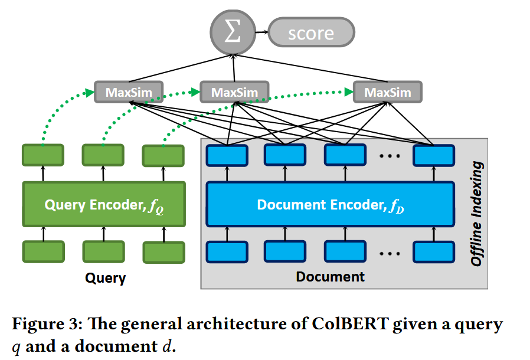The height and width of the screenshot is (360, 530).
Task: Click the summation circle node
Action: [233, 32]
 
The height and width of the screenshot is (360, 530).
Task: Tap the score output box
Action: [311, 32]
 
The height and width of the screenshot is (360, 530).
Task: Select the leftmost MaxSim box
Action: [129, 92]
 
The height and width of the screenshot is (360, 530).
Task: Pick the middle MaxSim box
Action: [234, 92]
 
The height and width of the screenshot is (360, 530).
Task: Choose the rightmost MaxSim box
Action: [388, 92]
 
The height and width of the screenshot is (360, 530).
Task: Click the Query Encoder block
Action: [104, 204]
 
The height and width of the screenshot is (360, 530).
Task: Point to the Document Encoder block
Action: [331, 204]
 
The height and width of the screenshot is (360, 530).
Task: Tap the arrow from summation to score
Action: [262, 32]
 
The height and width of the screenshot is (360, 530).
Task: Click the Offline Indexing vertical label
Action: [477, 214]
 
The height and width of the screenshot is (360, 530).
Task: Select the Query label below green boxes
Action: [106, 278]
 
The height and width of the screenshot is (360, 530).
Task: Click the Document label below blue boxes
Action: [331, 277]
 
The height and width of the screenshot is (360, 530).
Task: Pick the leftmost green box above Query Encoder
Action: [43, 155]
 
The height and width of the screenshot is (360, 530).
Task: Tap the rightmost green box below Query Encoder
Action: [164, 252]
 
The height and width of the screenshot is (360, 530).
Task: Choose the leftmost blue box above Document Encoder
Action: [227, 155]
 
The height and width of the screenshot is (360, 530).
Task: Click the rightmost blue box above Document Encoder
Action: [434, 155]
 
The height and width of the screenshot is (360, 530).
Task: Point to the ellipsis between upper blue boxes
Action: [390, 156]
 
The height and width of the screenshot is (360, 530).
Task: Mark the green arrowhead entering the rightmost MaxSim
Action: [349, 91]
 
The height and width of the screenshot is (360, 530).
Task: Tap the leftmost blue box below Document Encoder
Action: [227, 252]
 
